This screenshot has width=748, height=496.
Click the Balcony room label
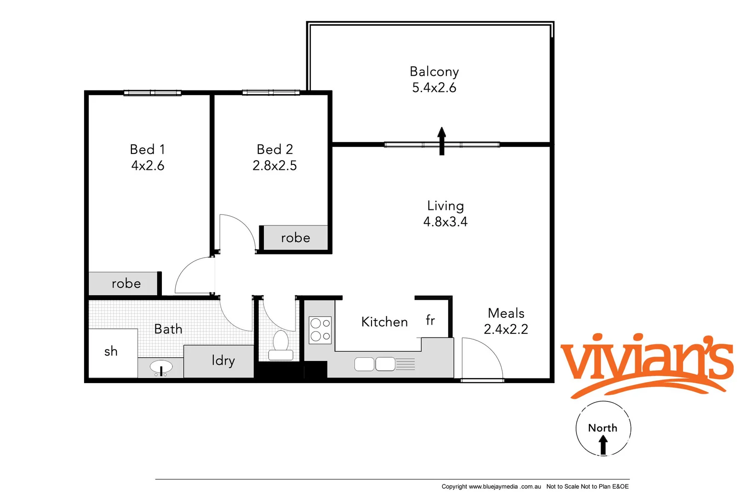click(x=434, y=72)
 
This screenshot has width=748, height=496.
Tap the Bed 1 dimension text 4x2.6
click(x=148, y=165)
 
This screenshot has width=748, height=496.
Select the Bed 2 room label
click(x=274, y=149)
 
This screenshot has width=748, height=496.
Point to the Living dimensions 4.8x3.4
click(x=445, y=222)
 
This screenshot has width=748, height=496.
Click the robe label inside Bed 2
click(x=295, y=238)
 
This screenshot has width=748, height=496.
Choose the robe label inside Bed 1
click(x=126, y=283)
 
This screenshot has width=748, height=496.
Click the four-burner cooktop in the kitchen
click(x=320, y=330)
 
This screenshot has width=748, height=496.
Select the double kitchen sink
click(x=375, y=364)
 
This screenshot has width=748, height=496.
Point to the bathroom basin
click(x=161, y=367)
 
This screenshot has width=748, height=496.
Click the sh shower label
click(x=111, y=351)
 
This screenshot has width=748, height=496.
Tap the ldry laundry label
click(x=223, y=361)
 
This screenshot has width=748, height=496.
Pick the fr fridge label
click(x=430, y=320)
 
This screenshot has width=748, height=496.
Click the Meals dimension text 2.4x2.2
click(x=506, y=329)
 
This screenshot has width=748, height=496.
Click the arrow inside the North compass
click(x=603, y=445)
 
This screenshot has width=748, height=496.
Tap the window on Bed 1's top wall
click(x=152, y=93)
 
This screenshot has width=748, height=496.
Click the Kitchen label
click(x=384, y=322)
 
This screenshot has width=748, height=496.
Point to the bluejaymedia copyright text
click(x=491, y=486)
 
